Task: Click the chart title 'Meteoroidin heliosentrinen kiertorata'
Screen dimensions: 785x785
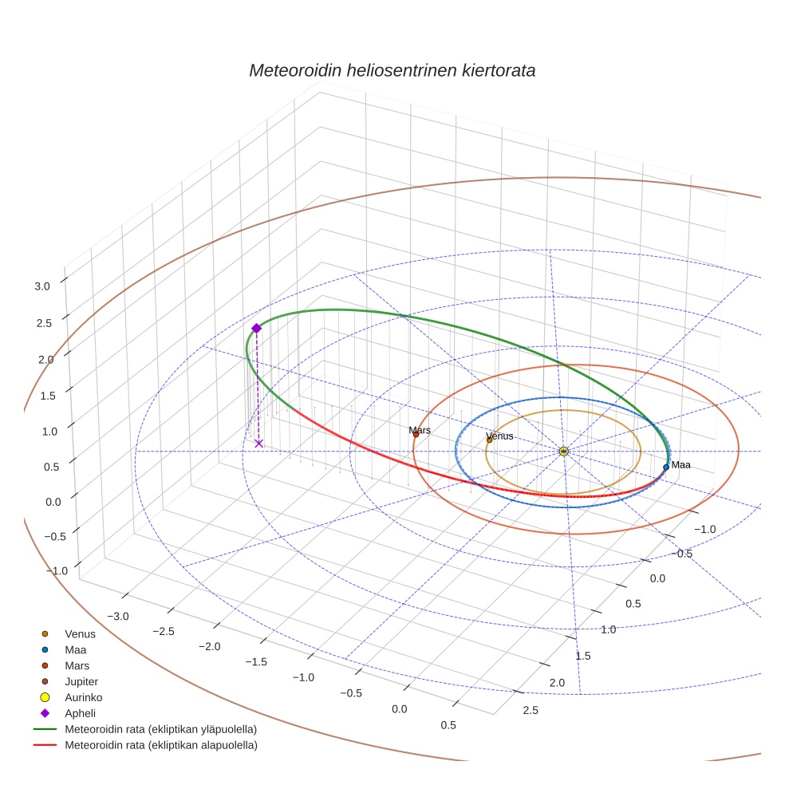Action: click(392, 70)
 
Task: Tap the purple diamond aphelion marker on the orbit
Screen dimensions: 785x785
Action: click(256, 328)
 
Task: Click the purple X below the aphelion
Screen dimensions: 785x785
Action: click(258, 443)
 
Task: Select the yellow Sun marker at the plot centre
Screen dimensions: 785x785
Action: click(563, 452)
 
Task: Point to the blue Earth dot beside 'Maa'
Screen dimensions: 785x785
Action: click(666, 467)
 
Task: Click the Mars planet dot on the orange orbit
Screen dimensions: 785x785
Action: click(415, 435)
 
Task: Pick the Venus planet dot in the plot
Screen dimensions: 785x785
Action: click(489, 440)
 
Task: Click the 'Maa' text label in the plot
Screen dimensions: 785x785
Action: click(680, 464)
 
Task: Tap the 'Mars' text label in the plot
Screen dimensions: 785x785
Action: click(420, 430)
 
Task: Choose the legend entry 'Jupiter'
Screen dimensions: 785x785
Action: click(81, 681)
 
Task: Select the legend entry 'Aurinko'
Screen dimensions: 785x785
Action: click(83, 697)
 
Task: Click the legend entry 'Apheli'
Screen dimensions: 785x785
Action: click(80, 713)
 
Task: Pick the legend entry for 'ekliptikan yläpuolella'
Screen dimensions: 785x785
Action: click(160, 729)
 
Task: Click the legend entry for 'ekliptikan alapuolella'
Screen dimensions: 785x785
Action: click(160, 745)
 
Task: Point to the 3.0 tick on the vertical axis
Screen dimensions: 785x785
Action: click(42, 286)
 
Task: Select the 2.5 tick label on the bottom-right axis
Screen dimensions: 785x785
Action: click(529, 710)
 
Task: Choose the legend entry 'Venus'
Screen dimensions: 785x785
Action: click(80, 633)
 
